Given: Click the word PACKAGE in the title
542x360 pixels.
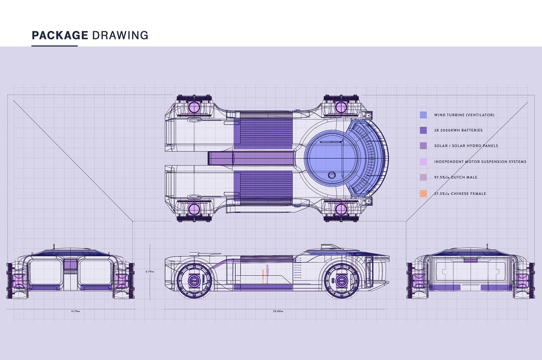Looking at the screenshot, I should [60, 35].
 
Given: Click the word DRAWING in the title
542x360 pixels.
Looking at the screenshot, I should [120, 35].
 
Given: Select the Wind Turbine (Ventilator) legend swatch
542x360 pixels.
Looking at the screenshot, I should [423, 115].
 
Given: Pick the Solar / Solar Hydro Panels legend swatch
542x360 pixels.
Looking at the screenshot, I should [423, 146].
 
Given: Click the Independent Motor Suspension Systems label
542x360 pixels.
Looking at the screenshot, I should [480, 162].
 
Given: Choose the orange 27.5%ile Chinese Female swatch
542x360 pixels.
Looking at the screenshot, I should [423, 194].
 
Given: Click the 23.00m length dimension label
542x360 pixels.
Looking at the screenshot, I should [278, 311].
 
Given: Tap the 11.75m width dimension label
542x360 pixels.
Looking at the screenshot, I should [76, 311].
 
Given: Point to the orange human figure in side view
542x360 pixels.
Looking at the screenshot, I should [263, 277].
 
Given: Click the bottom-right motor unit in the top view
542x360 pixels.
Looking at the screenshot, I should [341, 209].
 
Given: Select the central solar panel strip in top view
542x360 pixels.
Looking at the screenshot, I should [252, 158].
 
